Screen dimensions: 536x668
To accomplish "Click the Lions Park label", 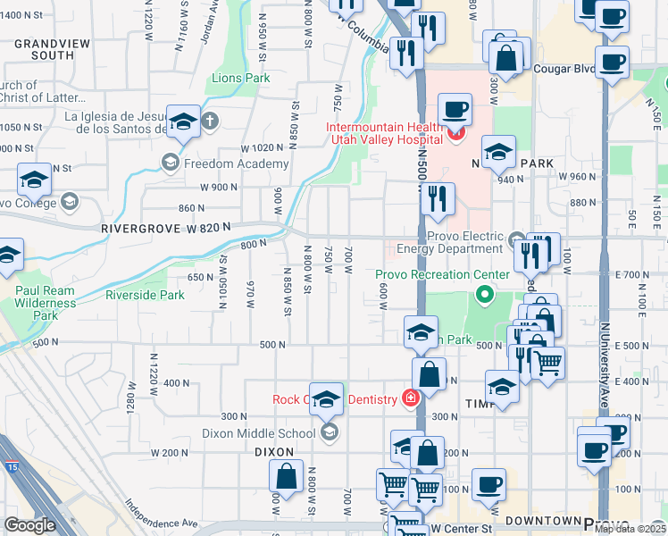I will pos(241,79).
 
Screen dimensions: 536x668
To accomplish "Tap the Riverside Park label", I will pos(145,295).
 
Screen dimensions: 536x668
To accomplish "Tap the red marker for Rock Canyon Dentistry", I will pos(411,398).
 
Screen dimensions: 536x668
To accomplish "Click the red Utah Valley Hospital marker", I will pos(455,135).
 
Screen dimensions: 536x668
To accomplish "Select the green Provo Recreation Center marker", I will pos(485,292).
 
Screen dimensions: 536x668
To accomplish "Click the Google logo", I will pos(29,525).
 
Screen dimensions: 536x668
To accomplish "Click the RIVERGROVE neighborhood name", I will pos(134,229).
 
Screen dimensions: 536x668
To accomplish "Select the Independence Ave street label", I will pos(160,514).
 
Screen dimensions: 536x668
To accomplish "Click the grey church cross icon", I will pos(209,120).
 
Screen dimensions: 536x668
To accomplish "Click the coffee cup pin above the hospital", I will pos(455,109).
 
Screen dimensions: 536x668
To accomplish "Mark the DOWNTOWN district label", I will pos(543,520).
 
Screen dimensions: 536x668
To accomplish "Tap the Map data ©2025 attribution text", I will pos(630,529).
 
